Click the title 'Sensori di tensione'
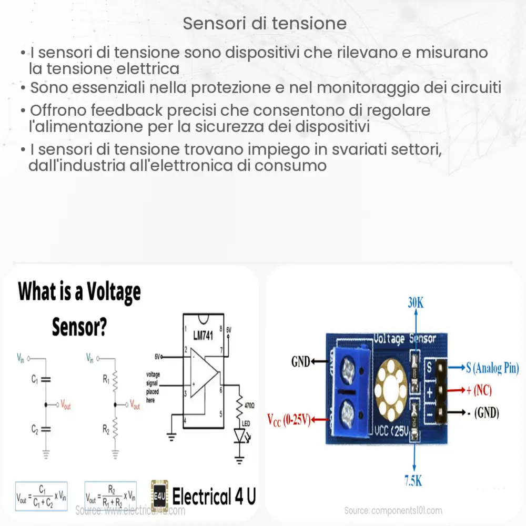tap(265, 24)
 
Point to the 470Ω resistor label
tap(249, 405)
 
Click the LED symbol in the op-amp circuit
tap(240, 434)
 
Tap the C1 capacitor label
tap(34, 378)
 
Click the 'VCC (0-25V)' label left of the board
tap(287, 420)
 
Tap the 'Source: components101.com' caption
tap(393, 510)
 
